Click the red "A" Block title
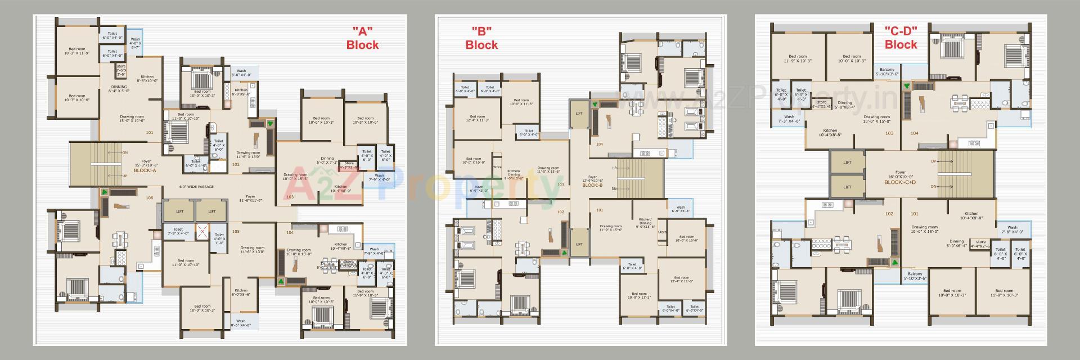362,38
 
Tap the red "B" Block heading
481,38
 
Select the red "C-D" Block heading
901,38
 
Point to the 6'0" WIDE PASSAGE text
196,186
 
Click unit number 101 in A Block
149,133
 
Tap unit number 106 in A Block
149,197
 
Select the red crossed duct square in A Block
202,231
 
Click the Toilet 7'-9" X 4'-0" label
178,231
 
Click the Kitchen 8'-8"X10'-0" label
147,79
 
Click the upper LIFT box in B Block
579,113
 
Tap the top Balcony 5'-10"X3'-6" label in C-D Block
886,71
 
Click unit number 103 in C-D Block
889,133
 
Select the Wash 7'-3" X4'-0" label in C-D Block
789,119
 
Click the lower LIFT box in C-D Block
847,187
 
